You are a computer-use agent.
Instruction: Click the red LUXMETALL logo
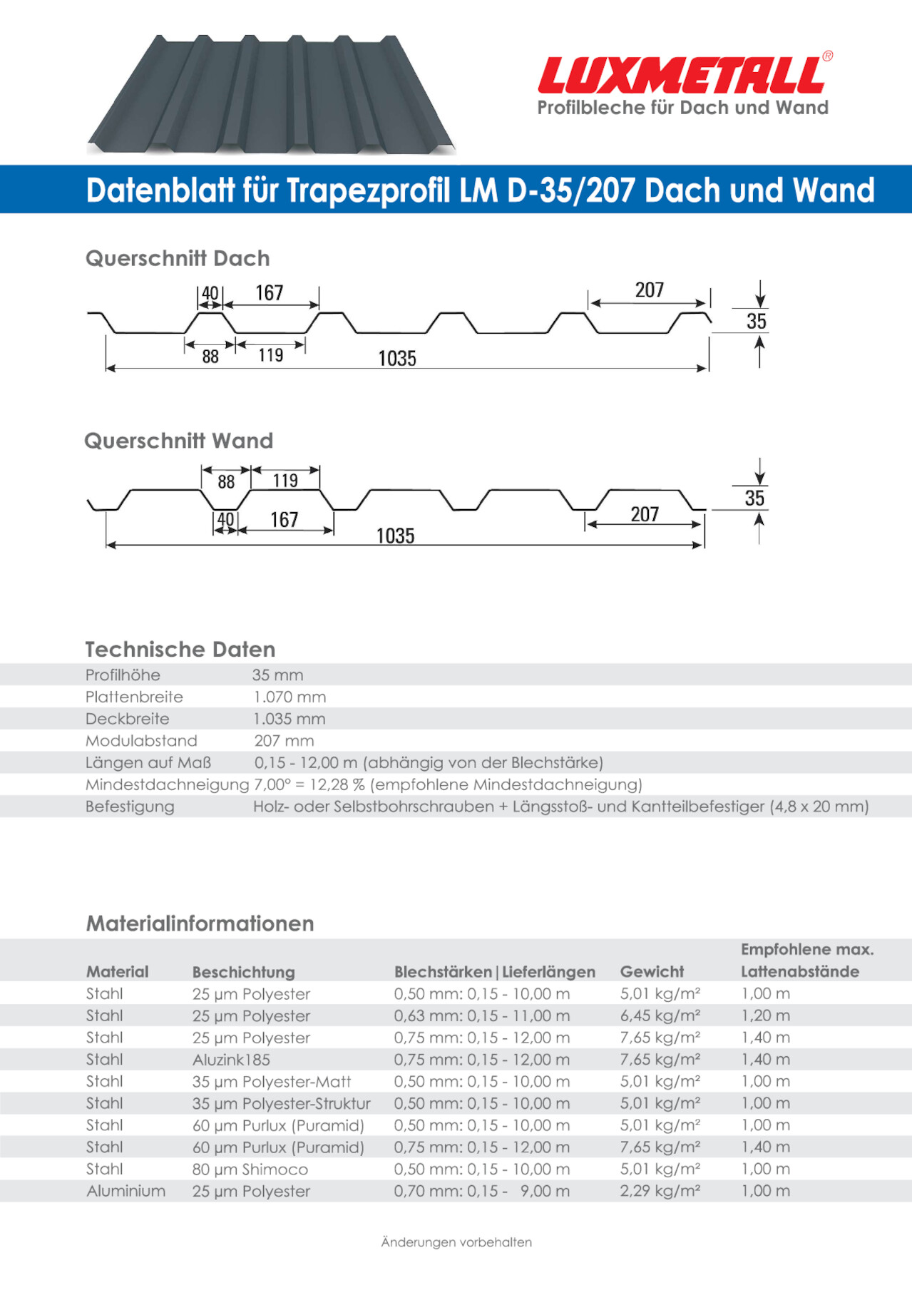(x=683, y=76)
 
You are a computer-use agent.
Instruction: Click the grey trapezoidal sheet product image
(x=271, y=94)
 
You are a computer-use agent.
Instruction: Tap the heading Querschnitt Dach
(x=178, y=258)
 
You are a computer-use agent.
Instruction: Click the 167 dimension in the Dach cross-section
(x=270, y=293)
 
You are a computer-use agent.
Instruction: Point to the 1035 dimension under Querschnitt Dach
(x=397, y=358)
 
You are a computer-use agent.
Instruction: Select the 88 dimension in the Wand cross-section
(x=226, y=482)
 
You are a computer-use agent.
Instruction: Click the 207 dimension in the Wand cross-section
(x=645, y=514)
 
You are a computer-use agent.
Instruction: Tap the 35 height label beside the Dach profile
(x=757, y=322)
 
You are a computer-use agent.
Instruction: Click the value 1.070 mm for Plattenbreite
(x=290, y=697)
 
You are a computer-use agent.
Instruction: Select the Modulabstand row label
(x=141, y=741)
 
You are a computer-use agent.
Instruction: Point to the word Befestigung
(x=130, y=807)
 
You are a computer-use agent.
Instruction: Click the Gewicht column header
(x=652, y=971)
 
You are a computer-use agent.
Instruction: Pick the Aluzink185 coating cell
(x=231, y=1060)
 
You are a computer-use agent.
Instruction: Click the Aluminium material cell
(x=126, y=1191)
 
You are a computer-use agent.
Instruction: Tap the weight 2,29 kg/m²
(x=660, y=1191)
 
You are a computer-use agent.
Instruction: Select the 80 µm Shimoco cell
(x=250, y=1169)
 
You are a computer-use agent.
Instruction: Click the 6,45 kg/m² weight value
(x=660, y=1015)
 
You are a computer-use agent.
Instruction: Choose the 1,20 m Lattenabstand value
(x=766, y=1015)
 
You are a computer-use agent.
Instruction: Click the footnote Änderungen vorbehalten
(x=456, y=1242)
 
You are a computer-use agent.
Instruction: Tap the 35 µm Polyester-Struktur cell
(x=282, y=1103)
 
